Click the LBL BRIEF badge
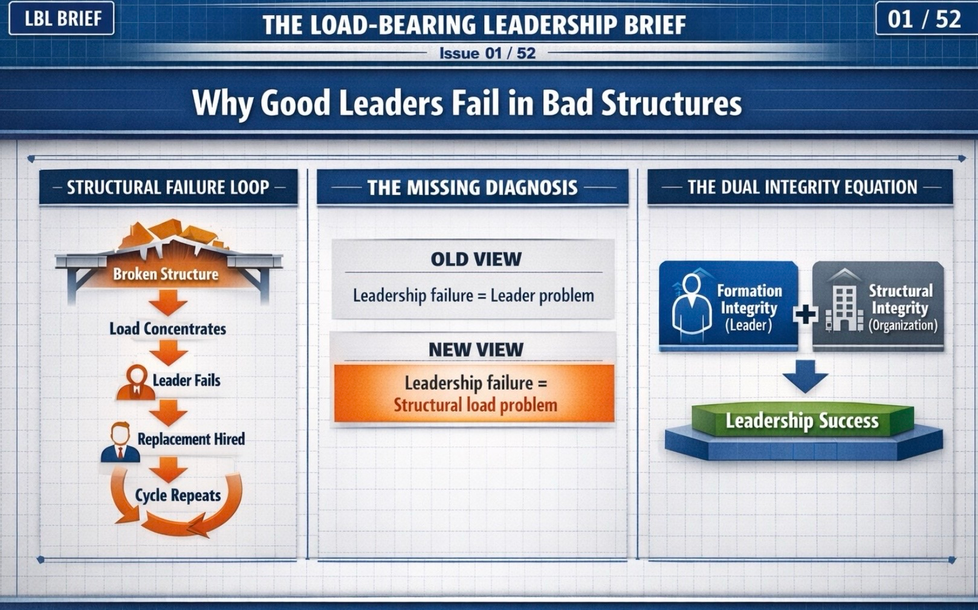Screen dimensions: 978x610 point(61,18)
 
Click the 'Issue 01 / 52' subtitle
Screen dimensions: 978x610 point(487,53)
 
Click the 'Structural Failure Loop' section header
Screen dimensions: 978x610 point(168,187)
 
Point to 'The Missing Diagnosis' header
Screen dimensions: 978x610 point(473,188)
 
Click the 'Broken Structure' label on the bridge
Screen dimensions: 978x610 point(166,274)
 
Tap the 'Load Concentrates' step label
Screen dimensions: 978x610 point(167,329)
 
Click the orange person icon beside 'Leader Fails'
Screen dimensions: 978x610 point(136,383)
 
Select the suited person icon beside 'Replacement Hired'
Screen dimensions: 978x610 point(120,442)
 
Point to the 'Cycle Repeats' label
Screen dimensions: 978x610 point(178,496)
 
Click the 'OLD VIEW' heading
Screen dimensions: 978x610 point(476,259)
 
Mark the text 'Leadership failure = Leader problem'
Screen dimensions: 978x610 point(474,296)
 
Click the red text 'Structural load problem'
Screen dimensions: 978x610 point(476,405)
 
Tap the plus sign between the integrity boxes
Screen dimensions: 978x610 point(805,314)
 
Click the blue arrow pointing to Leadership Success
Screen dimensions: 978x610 point(805,376)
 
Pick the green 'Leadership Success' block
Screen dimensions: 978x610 point(803,420)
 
